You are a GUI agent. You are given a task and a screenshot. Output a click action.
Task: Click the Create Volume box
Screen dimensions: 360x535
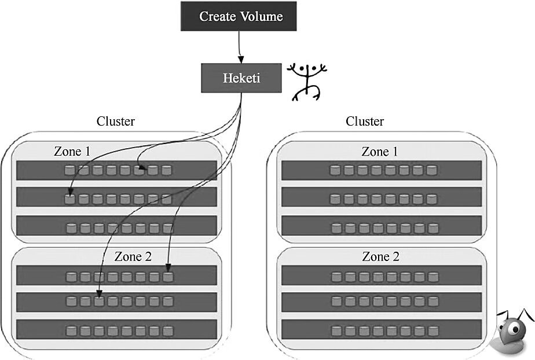(x=239, y=16)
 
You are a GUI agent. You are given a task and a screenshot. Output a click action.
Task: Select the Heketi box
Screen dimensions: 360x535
(x=241, y=78)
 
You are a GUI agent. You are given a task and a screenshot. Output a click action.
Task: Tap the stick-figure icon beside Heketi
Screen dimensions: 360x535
(x=307, y=81)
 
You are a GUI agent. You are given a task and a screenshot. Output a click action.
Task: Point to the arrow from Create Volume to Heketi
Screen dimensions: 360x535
(x=239, y=47)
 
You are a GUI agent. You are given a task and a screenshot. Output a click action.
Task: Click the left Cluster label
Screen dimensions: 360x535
(x=116, y=122)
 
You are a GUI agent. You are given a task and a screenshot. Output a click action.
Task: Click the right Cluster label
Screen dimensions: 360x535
(x=365, y=122)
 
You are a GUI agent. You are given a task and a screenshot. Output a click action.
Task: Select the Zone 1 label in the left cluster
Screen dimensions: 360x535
(x=72, y=152)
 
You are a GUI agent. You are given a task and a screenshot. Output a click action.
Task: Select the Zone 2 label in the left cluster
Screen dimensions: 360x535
(x=133, y=256)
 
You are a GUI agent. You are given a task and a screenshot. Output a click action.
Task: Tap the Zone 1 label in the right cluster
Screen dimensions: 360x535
(x=380, y=152)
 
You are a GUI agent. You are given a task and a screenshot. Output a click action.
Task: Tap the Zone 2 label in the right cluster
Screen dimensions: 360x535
(x=380, y=256)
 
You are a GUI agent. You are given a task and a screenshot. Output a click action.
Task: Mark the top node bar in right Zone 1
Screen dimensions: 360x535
(x=382, y=170)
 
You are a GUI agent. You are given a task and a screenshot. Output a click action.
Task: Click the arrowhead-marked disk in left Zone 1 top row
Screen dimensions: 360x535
(x=139, y=170)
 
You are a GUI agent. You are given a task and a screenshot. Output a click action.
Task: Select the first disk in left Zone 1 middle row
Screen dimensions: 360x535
(x=70, y=199)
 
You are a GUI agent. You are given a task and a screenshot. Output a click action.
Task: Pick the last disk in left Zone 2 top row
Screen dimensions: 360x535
(x=168, y=276)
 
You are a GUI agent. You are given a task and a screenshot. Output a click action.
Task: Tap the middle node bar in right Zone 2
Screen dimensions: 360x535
(x=382, y=302)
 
